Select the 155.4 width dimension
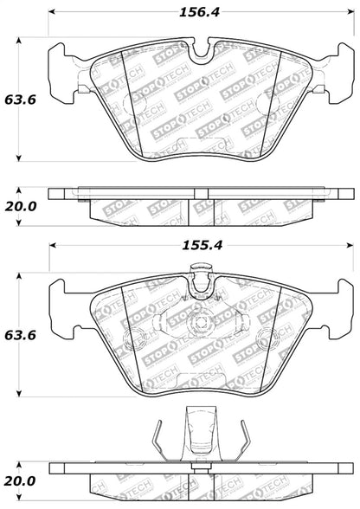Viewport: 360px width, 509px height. (197, 246)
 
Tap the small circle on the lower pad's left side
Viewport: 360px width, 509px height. (138, 340)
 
